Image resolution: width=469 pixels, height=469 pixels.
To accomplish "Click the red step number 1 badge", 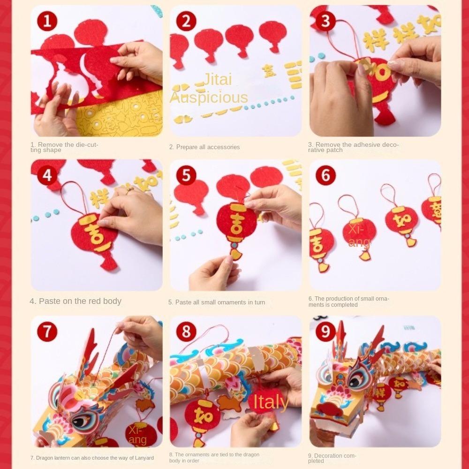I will [x=47, y=21].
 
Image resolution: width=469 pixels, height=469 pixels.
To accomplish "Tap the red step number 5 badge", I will [x=186, y=175].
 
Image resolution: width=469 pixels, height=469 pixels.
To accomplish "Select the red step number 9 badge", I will [x=325, y=332].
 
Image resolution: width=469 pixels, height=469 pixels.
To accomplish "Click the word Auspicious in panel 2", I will [x=208, y=97].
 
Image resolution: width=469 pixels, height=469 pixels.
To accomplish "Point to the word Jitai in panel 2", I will [x=217, y=79].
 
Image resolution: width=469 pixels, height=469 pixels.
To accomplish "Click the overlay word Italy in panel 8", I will [x=271, y=402].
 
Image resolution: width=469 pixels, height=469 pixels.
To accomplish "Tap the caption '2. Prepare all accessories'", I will [x=204, y=147].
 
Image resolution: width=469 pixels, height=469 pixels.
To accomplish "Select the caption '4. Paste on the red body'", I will [x=76, y=301].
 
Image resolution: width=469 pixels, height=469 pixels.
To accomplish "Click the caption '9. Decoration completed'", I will [x=332, y=458].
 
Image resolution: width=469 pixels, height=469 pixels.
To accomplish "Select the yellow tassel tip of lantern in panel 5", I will [x=236, y=255].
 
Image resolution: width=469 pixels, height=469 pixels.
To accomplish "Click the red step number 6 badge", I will [x=325, y=175].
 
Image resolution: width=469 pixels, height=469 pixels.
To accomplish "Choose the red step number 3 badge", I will [x=325, y=21].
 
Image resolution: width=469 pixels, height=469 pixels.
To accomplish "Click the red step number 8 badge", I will [x=186, y=332].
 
